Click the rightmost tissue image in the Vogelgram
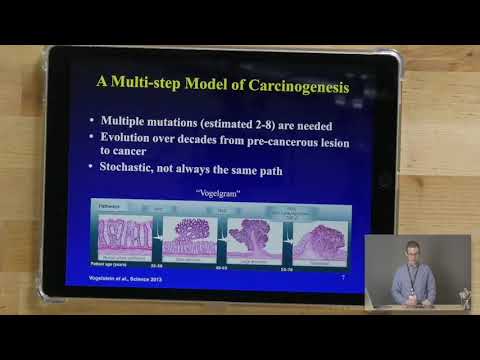coord(318,234)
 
